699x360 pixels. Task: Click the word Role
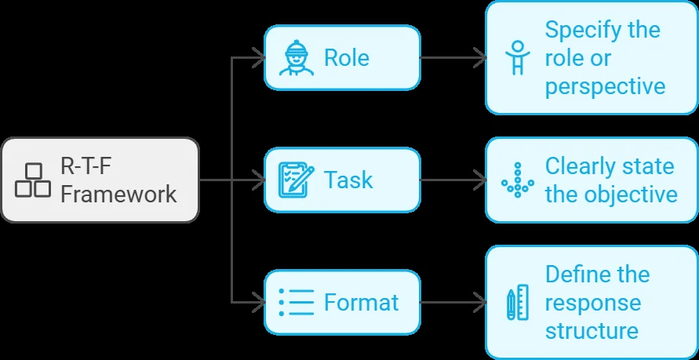[x=347, y=58]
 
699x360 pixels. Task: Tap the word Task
[x=348, y=180]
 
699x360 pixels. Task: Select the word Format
[x=361, y=303]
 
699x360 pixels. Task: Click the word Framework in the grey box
[x=118, y=195]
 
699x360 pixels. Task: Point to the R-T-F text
[x=86, y=166]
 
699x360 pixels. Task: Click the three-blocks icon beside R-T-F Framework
[x=32, y=180]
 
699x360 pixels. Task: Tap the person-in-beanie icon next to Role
[x=297, y=58]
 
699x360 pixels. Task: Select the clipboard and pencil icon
[x=297, y=180]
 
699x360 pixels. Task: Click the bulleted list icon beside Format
[x=297, y=303]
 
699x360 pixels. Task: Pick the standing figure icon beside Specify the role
[x=518, y=58]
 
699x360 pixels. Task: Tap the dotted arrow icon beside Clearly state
[x=518, y=180]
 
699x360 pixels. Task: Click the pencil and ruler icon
[x=518, y=303]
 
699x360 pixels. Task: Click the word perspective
[x=606, y=86]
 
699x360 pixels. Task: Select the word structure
[x=592, y=331]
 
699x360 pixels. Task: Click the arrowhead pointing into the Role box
[x=260, y=58]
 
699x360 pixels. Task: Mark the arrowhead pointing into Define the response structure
[x=480, y=303]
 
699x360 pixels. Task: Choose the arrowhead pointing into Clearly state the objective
[x=480, y=180]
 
